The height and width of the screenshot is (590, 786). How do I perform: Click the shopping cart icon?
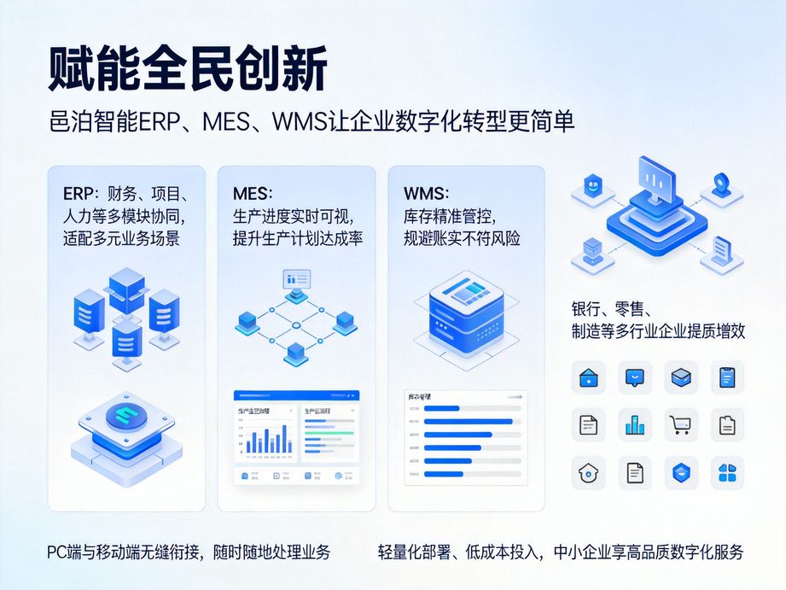[x=680, y=424]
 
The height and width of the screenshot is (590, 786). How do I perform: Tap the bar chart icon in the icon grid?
[x=634, y=424]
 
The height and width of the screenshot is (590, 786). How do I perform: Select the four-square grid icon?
[x=727, y=472]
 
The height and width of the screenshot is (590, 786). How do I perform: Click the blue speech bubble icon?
[x=634, y=377]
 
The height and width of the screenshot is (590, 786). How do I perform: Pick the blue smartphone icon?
[x=727, y=377]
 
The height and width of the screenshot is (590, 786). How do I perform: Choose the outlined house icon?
[x=588, y=472]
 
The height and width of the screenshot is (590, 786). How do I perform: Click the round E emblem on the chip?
[x=126, y=417]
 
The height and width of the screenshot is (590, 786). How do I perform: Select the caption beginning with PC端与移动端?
[x=189, y=552]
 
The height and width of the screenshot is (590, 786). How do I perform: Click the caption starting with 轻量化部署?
[x=560, y=552]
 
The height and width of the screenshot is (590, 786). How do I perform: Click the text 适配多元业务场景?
[x=121, y=238]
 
